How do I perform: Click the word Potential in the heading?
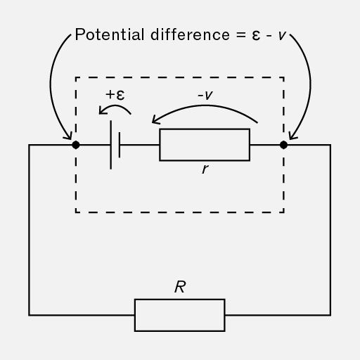point(110,34)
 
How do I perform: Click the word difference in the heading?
point(190,34)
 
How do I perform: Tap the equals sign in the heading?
point(241,35)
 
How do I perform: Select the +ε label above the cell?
point(115,95)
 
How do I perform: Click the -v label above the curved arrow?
point(205,95)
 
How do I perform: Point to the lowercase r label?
point(205,169)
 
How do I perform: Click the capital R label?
point(180,287)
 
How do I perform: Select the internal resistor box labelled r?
point(205,145)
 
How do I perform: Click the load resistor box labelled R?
point(180,315)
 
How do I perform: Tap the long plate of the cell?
point(111,145)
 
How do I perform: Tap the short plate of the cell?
point(120,145)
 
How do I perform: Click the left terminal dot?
point(76,145)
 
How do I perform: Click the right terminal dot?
point(283,145)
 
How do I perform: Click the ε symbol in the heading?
point(256,36)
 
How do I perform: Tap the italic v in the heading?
point(282,36)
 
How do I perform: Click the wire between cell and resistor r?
point(140,145)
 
